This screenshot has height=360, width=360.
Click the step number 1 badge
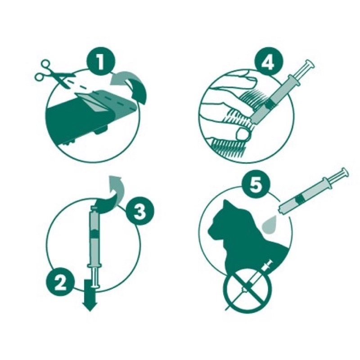coord(100,61)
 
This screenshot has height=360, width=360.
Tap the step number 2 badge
coord(61,282)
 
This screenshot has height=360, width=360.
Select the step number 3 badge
coord(140,211)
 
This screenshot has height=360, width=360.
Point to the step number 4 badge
coord(269,61)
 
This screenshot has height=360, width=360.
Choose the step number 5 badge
coord(256,185)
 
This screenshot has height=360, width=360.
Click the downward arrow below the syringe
coord(90,295)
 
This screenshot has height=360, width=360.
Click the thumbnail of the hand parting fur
coord(242,134)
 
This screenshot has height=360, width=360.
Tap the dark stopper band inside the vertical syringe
coord(94,234)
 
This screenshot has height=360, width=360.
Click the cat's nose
coord(210,230)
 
